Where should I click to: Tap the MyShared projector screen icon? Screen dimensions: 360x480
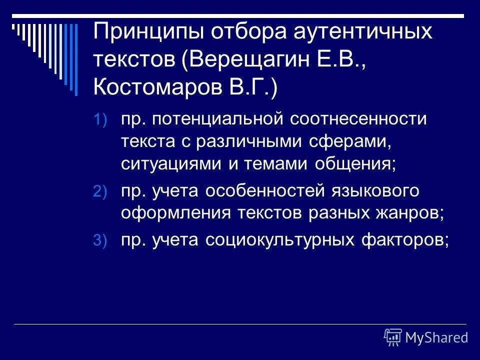393,337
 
